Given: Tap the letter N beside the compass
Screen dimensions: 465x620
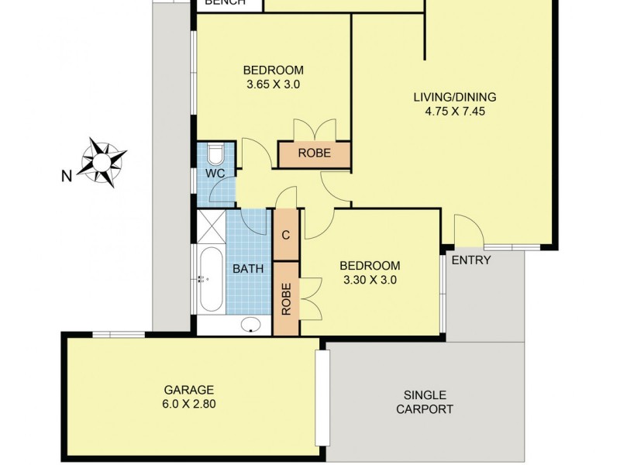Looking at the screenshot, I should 67,176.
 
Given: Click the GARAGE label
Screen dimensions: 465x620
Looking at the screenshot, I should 188,390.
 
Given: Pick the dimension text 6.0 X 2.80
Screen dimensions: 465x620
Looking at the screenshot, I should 188,403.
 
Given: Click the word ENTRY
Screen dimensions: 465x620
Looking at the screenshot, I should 471,260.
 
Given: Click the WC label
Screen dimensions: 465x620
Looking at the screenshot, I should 215,174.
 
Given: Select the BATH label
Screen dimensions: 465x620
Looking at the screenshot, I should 248,269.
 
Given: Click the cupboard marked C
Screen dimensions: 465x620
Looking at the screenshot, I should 286,235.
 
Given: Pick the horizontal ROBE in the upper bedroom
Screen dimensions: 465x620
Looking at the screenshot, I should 314,153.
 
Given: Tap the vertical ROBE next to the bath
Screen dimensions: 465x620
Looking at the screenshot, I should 286,298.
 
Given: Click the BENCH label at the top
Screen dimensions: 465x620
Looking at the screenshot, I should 225,3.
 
